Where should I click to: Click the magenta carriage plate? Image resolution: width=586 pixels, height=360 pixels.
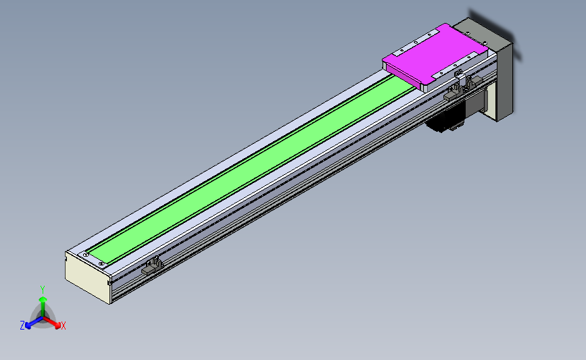click(435, 56)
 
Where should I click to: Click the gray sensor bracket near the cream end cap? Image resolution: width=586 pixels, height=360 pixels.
click(151, 266)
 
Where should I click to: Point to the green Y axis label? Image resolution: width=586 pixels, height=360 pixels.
click(43, 290)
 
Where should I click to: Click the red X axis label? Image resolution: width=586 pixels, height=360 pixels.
click(63, 326)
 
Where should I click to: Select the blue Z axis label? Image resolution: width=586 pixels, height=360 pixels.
click(22, 326)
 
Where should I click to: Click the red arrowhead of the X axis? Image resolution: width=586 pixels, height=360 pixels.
click(57, 326)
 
